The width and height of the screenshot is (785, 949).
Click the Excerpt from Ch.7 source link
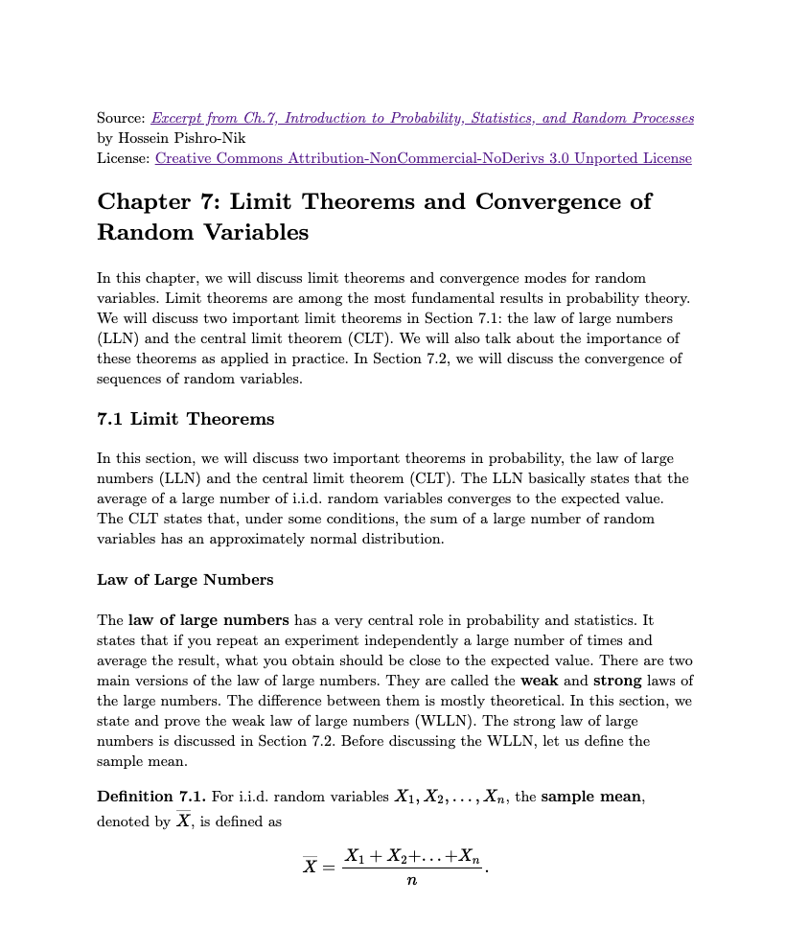[422, 118]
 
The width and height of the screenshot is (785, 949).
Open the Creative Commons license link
[423, 158]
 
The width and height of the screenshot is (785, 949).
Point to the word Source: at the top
[121, 118]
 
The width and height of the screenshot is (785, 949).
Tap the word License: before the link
[124, 158]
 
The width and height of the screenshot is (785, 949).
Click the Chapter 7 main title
[374, 217]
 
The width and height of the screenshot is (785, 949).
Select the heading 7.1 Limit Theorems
[185, 419]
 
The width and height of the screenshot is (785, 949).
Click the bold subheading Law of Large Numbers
[185, 579]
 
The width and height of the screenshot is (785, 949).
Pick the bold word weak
[540, 681]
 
